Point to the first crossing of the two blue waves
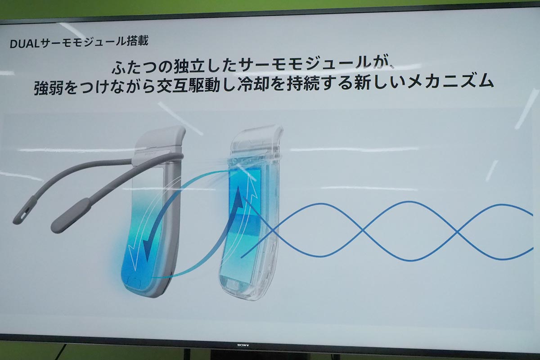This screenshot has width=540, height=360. coord(363,231)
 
